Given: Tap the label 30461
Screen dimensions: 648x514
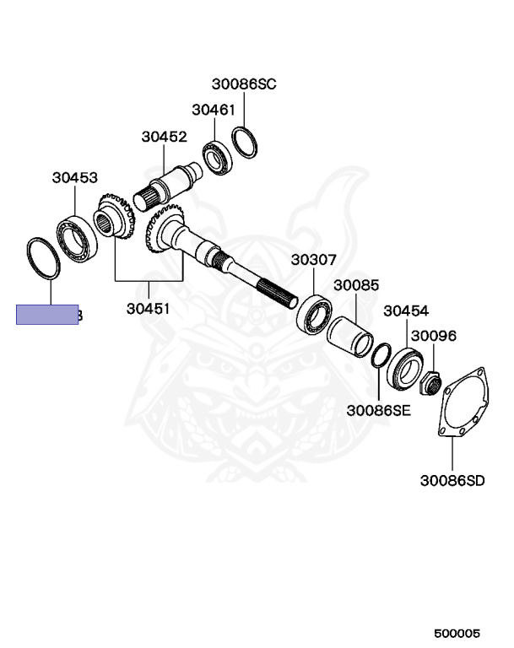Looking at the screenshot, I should (x=213, y=110).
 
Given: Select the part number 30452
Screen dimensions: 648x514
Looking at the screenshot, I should (x=164, y=136).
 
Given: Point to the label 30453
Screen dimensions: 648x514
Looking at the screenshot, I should (x=74, y=178).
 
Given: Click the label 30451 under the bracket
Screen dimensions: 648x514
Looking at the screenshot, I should (x=149, y=309).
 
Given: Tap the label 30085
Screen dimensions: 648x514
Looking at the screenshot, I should (x=355, y=286).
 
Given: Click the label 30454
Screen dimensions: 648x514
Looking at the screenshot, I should (x=406, y=310).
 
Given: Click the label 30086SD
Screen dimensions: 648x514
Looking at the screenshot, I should (x=452, y=481).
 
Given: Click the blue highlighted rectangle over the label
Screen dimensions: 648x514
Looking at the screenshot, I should (x=48, y=315).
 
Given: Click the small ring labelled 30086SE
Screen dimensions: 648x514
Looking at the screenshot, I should (x=380, y=355).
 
